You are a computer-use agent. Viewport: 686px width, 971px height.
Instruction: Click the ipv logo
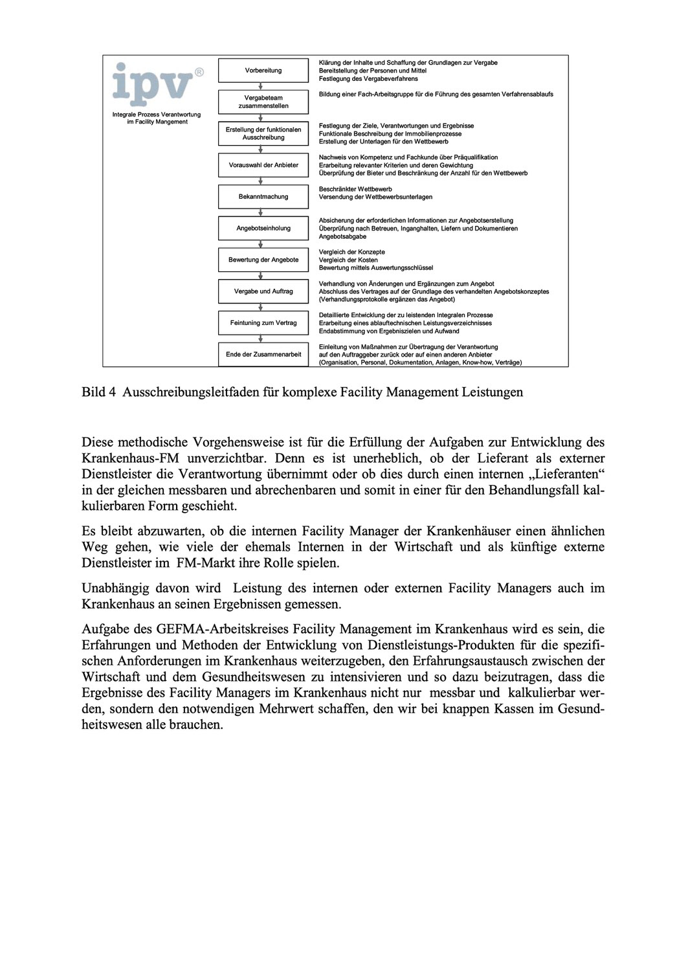click(153, 84)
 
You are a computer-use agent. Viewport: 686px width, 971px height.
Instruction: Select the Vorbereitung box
click(263, 71)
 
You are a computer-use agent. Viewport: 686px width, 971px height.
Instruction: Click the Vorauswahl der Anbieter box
click(263, 165)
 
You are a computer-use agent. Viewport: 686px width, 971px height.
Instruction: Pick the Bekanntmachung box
click(263, 197)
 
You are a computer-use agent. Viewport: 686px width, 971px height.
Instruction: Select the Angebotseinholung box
click(263, 229)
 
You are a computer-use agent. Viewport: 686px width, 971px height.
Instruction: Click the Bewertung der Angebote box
click(263, 260)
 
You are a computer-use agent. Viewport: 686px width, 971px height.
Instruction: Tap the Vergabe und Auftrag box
click(263, 292)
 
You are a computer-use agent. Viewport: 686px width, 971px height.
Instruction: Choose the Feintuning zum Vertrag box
click(263, 323)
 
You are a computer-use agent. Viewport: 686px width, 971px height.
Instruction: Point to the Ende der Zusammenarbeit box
click(263, 355)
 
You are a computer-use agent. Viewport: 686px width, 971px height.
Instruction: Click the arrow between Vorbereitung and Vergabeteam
click(261, 86)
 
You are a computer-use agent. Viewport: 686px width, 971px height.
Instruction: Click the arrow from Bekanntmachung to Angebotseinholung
click(261, 212)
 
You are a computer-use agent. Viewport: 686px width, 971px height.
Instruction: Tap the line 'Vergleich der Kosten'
click(348, 260)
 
